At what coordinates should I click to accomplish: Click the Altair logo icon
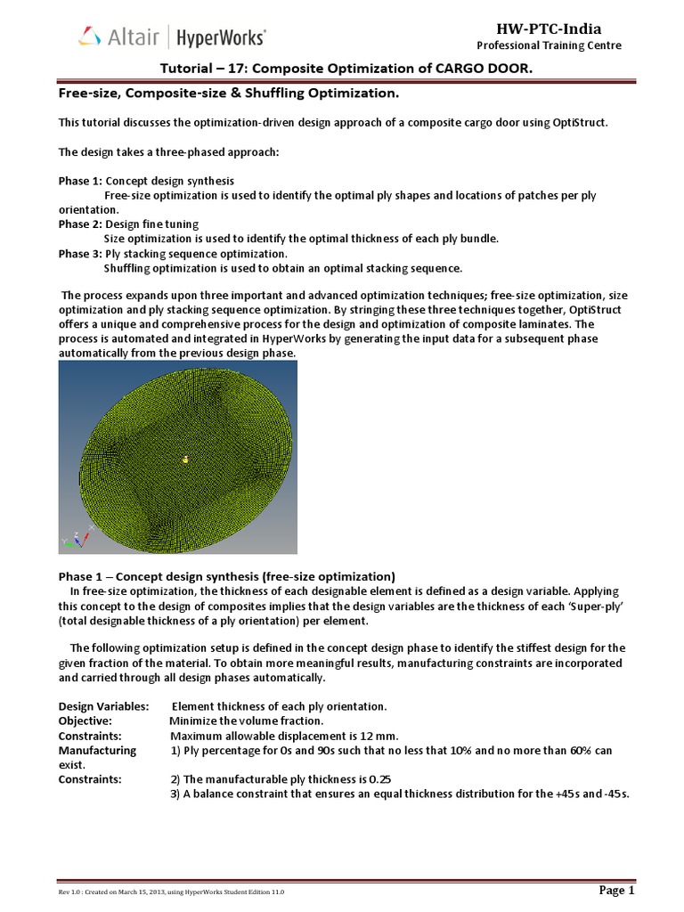click(x=88, y=37)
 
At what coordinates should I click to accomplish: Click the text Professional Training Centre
click(x=549, y=45)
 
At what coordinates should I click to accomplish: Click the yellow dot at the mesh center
click(x=185, y=460)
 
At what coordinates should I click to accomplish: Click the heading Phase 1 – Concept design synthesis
click(x=226, y=575)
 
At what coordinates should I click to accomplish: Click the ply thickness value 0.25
click(x=380, y=779)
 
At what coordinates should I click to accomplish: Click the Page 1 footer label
click(x=615, y=890)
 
